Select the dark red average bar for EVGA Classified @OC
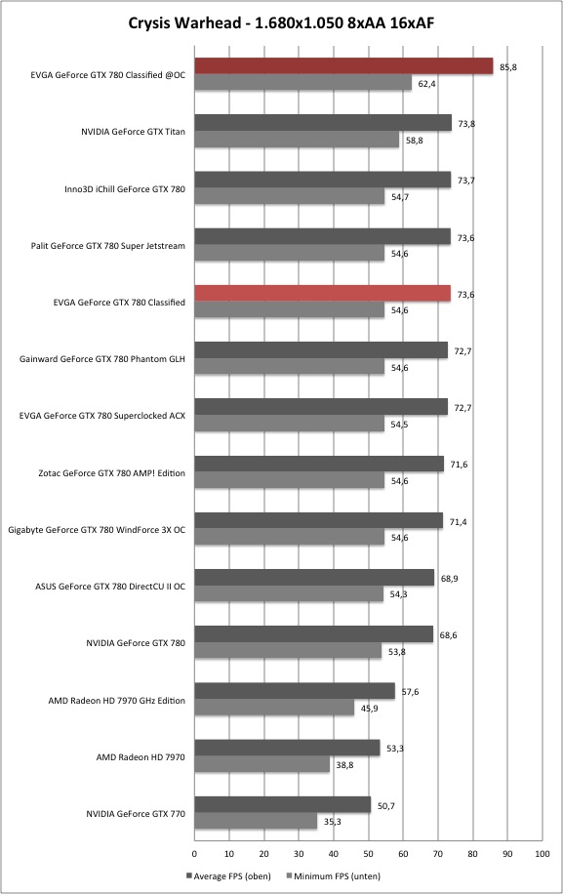click(343, 66)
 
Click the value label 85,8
click(508, 67)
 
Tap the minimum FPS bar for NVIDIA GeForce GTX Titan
click(297, 140)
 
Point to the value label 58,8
click(415, 141)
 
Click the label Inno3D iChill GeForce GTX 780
click(125, 188)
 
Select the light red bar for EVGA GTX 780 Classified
click(323, 293)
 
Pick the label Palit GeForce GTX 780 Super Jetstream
click(107, 246)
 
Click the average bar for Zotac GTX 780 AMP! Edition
click(319, 464)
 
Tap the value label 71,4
click(458, 522)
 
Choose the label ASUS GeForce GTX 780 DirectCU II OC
click(110, 587)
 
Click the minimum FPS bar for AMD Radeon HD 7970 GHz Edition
click(274, 708)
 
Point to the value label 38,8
click(344, 765)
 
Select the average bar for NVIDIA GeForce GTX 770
click(283, 804)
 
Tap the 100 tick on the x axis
click(542, 854)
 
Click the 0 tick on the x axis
click(194, 854)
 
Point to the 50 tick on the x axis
click(368, 854)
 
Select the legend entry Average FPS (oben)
click(228, 875)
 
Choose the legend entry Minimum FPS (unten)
click(333, 875)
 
